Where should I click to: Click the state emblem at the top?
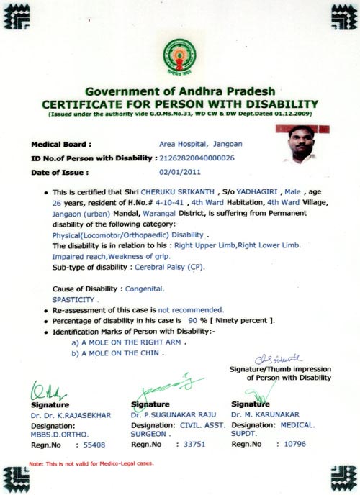pyautogui.click(x=179, y=58)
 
